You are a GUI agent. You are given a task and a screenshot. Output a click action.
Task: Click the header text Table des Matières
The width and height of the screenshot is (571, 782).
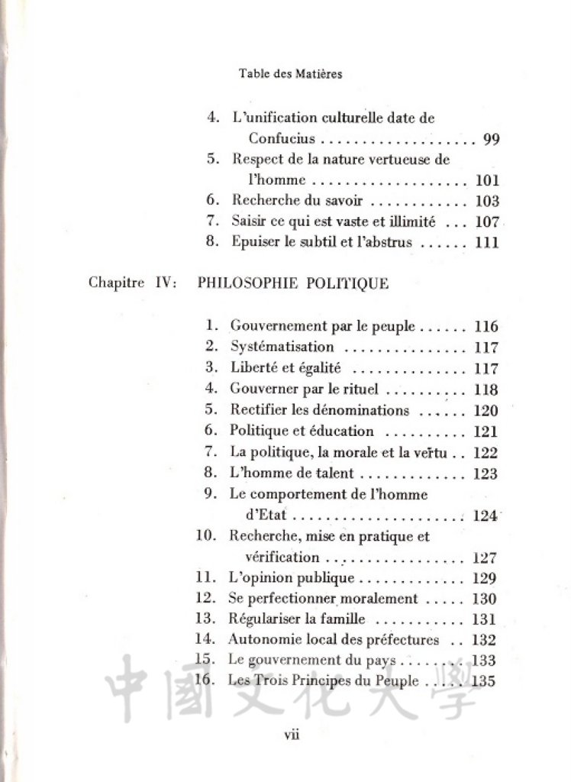290,74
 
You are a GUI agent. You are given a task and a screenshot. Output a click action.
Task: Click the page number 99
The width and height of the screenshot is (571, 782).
491,140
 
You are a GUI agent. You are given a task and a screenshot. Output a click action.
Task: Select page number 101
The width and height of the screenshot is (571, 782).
486,181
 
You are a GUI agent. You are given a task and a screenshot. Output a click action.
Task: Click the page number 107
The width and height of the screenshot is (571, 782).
486,222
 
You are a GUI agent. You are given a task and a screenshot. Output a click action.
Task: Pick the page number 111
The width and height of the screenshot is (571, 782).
486,243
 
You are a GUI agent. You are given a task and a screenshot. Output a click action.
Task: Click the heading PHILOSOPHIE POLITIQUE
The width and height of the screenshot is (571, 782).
293,283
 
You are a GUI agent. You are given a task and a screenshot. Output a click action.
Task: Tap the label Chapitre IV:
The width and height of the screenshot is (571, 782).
134,283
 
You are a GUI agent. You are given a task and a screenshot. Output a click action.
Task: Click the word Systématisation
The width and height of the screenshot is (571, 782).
282,347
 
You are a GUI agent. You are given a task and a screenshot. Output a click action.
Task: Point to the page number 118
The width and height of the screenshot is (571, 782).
486,389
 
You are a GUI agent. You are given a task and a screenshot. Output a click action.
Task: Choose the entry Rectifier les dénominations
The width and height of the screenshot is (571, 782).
319,410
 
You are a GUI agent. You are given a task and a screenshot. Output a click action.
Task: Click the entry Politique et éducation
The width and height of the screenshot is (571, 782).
302,431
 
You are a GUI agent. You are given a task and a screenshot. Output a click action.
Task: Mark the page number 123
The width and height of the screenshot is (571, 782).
486,473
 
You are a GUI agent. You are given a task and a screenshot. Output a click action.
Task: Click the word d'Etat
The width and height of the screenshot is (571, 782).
266,515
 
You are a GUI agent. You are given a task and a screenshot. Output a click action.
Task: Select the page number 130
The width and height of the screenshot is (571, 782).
486,599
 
